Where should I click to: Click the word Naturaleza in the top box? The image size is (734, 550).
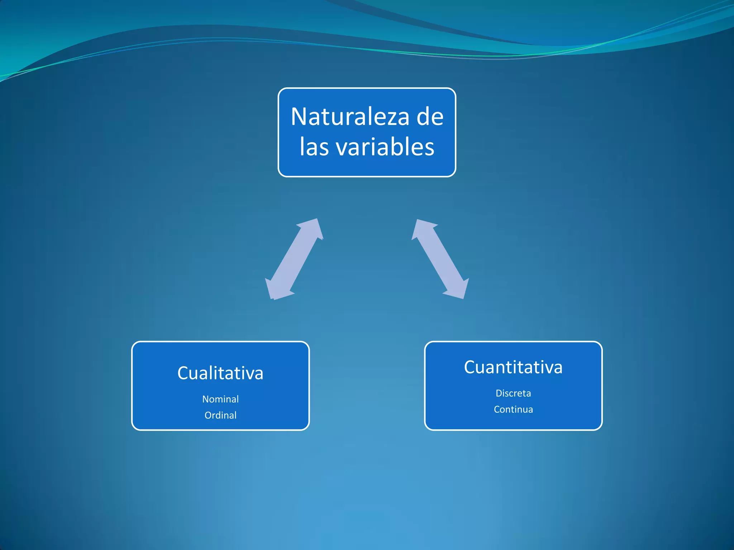click(x=349, y=117)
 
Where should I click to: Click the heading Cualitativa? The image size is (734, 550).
click(x=220, y=373)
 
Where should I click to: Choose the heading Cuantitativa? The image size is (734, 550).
click(x=513, y=367)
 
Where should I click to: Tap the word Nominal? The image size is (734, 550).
click(x=220, y=399)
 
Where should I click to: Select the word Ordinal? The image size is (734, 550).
click(x=220, y=415)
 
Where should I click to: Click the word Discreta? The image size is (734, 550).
click(x=513, y=393)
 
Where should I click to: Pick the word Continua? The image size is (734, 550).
click(x=513, y=409)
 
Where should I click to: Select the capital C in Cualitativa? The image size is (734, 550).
click(x=183, y=373)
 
